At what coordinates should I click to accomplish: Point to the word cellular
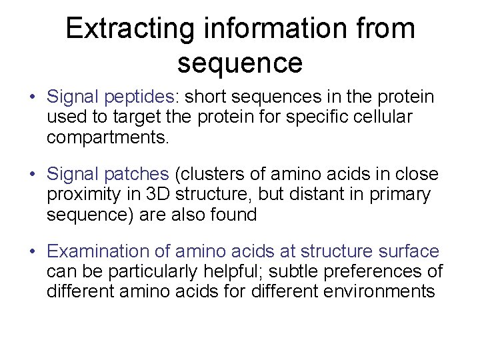pyautogui.click(x=389, y=117)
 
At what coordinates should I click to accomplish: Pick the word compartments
pyautogui.click(x=109, y=138)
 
